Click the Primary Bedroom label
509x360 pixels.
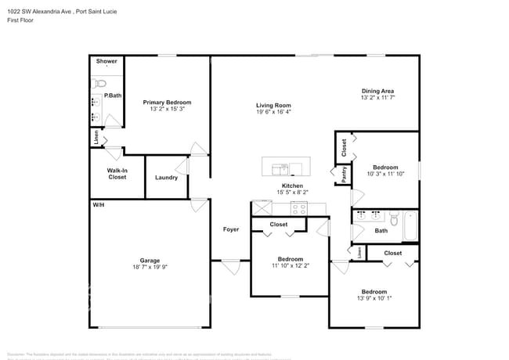click(x=166, y=103)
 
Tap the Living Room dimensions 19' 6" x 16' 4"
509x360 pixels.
click(x=273, y=112)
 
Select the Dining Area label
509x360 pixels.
click(x=377, y=91)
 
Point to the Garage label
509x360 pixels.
click(x=150, y=261)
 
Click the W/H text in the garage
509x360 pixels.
click(x=99, y=204)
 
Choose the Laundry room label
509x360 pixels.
click(x=166, y=178)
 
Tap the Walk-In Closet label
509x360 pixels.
click(x=117, y=174)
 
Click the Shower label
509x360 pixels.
click(x=106, y=61)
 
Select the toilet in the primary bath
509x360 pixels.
click(x=98, y=83)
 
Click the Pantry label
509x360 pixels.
click(x=343, y=174)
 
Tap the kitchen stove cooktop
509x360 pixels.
click(x=298, y=208)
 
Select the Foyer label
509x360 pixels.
click(x=231, y=229)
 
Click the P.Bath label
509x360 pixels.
click(x=113, y=96)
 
